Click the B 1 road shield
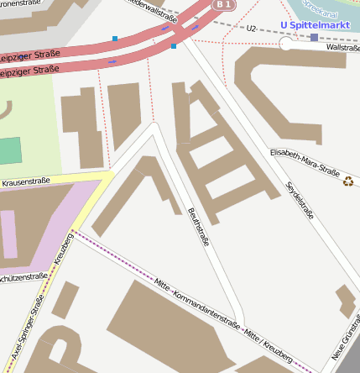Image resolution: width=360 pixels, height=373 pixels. pos(222,5)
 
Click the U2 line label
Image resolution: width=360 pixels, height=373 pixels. pos(251,29)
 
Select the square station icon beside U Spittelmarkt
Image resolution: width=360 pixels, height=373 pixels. pos(314,38)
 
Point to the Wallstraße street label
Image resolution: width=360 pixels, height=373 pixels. pos(343,48)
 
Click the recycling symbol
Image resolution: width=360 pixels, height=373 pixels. pos(348,179)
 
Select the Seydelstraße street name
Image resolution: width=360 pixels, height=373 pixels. pos(300,200)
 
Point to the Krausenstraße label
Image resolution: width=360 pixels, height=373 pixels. pos(26,181)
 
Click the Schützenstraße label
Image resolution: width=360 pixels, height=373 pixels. pos(22,276)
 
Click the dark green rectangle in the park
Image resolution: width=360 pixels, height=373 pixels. pos(9,151)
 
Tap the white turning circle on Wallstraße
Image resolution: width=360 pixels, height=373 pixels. pos(286,44)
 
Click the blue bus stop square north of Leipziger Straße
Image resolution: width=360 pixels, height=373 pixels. pos(115,39)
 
